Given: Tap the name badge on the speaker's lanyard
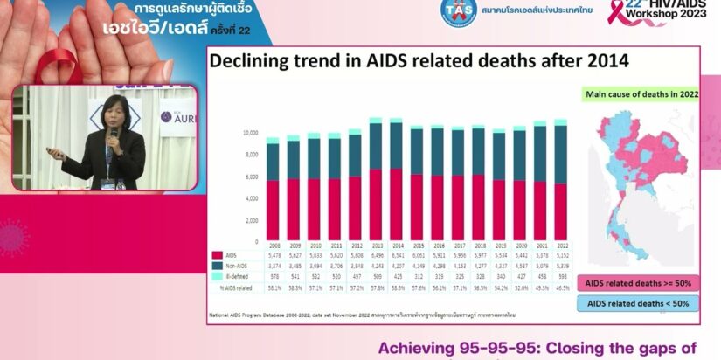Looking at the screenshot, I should (107, 183).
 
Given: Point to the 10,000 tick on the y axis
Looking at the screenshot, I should (250, 133).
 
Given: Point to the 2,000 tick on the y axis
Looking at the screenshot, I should (252, 220).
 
